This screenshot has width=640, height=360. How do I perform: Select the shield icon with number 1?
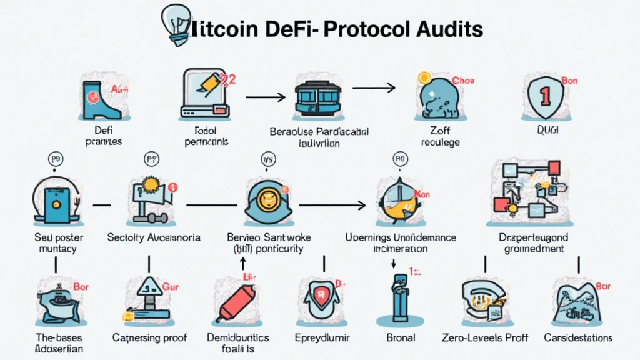pos(543,97)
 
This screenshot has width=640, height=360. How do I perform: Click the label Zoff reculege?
pos(440,136)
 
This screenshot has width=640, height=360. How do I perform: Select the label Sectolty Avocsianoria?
pos(153,237)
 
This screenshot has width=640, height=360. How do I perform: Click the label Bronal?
pos(401,337)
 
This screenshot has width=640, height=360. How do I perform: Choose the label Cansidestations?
pos(578,337)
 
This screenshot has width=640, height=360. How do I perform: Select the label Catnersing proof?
pos(150,337)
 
